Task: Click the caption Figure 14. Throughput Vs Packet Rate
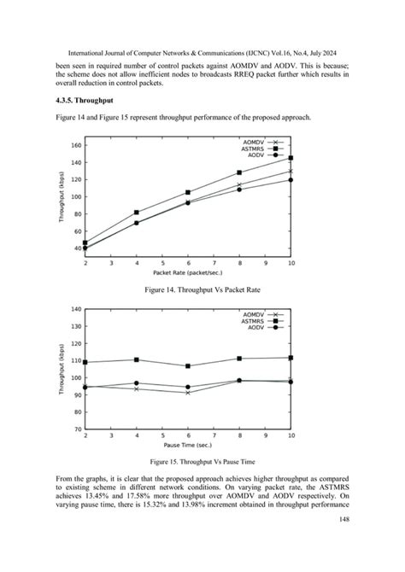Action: click(x=202, y=290)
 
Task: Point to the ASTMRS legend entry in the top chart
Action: click(x=255, y=149)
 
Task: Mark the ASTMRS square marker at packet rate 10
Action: click(x=291, y=158)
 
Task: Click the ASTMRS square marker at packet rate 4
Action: click(x=137, y=213)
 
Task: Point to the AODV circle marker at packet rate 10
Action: click(x=291, y=179)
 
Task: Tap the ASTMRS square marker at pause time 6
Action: click(x=188, y=366)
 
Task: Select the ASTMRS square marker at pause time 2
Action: click(x=85, y=362)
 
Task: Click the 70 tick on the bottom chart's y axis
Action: click(x=76, y=429)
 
